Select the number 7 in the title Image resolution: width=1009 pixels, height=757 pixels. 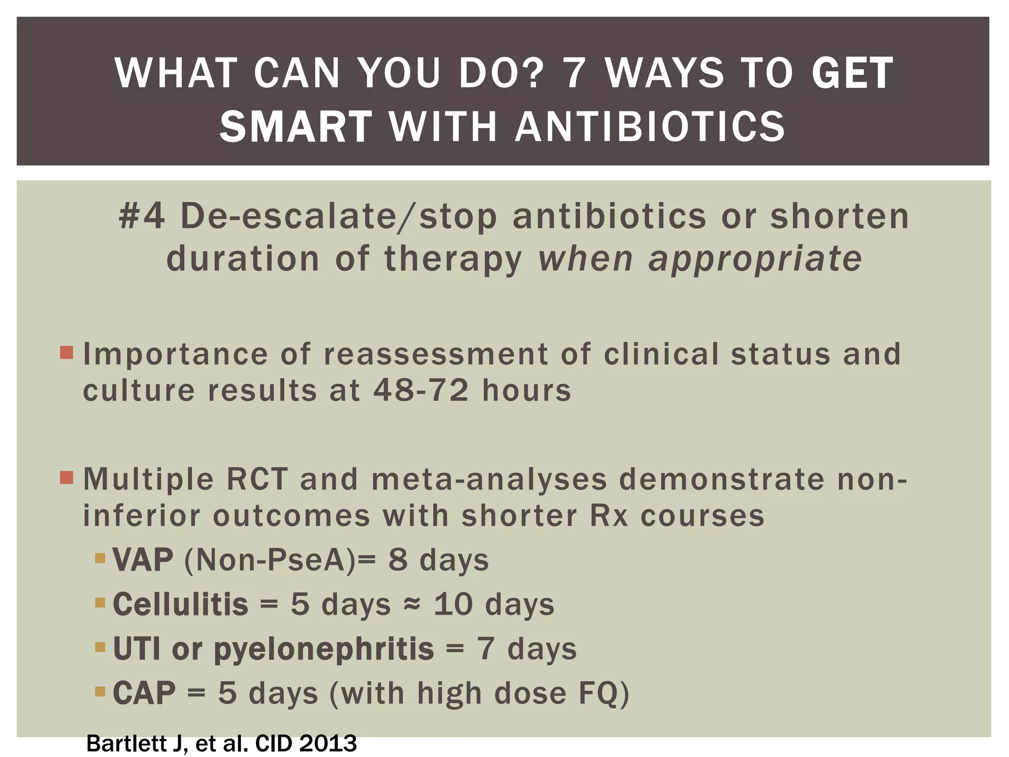574,73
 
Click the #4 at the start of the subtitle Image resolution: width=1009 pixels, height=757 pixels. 142,216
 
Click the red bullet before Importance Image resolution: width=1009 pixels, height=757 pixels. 67,352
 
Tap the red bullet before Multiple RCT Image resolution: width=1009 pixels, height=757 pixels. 67,478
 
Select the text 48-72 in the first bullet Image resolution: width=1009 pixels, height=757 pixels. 421,390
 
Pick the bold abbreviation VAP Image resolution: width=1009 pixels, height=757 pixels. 143,560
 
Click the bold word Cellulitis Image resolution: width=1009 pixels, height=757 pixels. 180,604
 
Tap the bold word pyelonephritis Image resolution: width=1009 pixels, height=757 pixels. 324,649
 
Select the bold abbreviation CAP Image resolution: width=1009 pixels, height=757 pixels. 144,693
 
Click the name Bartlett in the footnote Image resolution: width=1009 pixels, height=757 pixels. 128,744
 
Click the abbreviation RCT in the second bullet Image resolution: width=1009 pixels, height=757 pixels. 257,479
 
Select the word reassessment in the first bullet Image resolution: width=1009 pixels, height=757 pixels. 436,354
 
